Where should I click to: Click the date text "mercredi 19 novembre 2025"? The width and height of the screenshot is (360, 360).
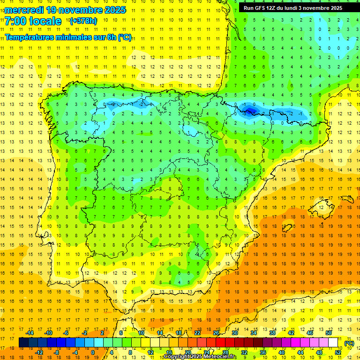65,10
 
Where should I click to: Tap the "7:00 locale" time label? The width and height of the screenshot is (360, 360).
33,21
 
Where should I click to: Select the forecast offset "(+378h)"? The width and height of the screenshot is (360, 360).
83,21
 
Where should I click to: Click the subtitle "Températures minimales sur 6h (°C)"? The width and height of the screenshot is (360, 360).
68,37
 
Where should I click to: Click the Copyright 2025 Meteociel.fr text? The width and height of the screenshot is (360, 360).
201,357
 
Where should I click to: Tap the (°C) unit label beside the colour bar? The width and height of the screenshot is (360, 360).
349,343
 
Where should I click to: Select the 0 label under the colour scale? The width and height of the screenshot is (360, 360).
93,352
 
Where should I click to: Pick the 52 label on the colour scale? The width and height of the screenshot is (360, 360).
338,352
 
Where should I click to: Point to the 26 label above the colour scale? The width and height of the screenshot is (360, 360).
216,333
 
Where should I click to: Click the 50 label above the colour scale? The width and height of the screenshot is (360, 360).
329,333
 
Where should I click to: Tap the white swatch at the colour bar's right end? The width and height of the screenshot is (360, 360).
333,343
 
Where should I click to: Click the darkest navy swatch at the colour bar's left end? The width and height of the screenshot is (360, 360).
23,343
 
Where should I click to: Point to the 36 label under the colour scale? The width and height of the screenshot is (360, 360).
263,352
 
